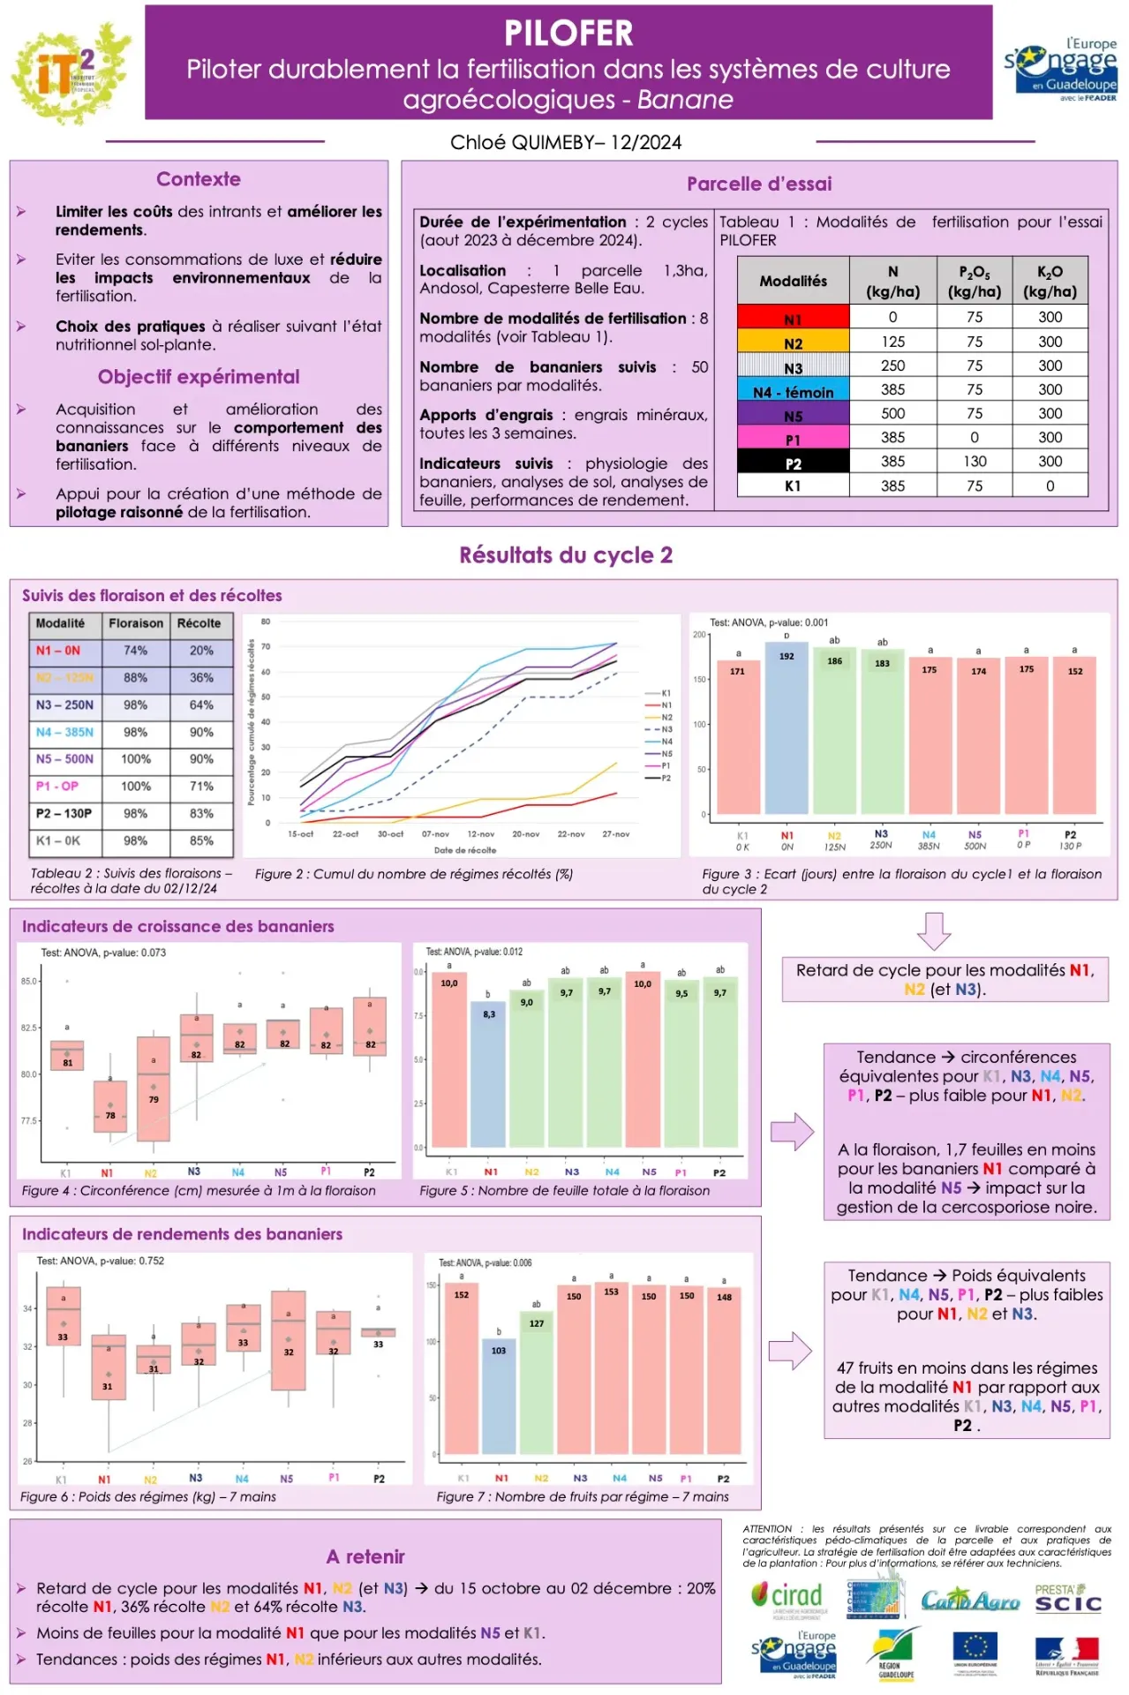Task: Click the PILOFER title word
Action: tap(568, 34)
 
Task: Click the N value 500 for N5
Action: tap(892, 413)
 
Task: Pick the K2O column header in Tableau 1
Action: tap(1050, 281)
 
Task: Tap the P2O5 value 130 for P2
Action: tap(975, 461)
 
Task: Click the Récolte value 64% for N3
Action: tap(201, 704)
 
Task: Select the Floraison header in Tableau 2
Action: tap(135, 623)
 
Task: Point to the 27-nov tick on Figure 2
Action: tap(616, 833)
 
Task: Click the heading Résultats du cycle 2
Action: tap(565, 555)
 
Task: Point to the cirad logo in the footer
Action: tap(787, 1597)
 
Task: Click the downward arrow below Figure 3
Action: tap(934, 930)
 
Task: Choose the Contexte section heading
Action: tap(199, 179)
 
